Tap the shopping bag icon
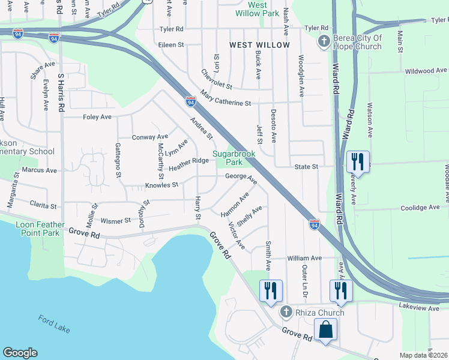pos(325,331)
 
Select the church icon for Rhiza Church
pos(286,312)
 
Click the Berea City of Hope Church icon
pos(323,41)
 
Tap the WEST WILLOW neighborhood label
pos(259,45)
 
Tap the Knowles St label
pos(161,185)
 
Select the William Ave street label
pos(305,258)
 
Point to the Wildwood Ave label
pos(426,71)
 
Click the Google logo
pos(20,353)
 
